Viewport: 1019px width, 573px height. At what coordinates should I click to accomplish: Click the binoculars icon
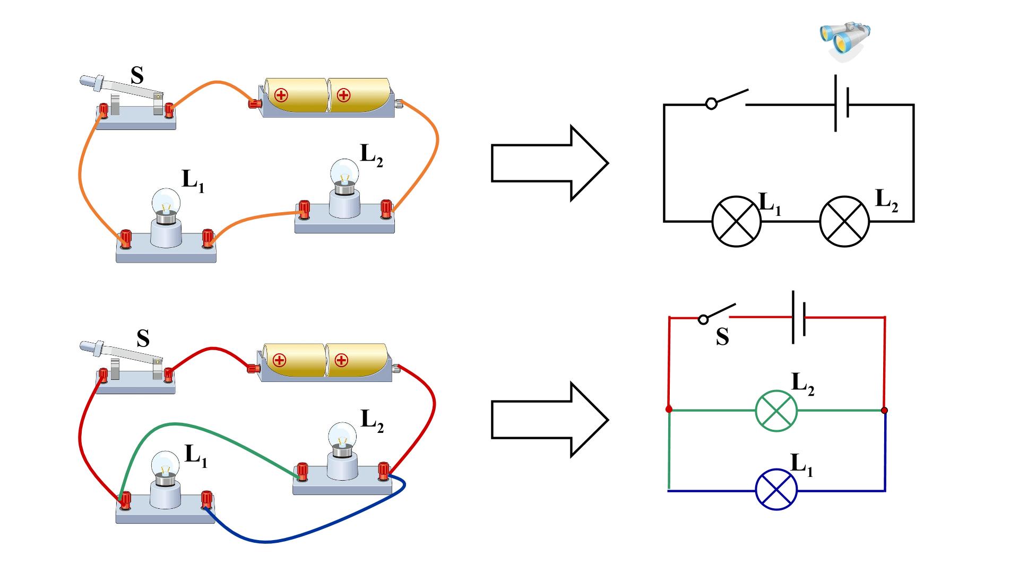point(845,41)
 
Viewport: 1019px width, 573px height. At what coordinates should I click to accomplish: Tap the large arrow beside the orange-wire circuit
point(549,163)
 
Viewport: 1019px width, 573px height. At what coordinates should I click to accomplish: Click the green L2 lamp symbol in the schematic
point(776,411)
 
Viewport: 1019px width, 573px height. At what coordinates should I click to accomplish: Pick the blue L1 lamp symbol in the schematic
point(776,490)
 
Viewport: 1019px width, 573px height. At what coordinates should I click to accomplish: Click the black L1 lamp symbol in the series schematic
point(736,222)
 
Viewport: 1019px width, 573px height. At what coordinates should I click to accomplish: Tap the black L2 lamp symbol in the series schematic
point(844,222)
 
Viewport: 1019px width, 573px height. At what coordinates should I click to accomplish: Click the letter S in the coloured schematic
point(722,337)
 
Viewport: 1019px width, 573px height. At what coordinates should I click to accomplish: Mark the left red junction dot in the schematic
point(669,410)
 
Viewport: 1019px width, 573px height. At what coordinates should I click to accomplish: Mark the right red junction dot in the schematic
point(884,410)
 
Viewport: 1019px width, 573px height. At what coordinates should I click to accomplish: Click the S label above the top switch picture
point(137,76)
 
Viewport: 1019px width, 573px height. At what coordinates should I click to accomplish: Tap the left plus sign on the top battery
point(281,95)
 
